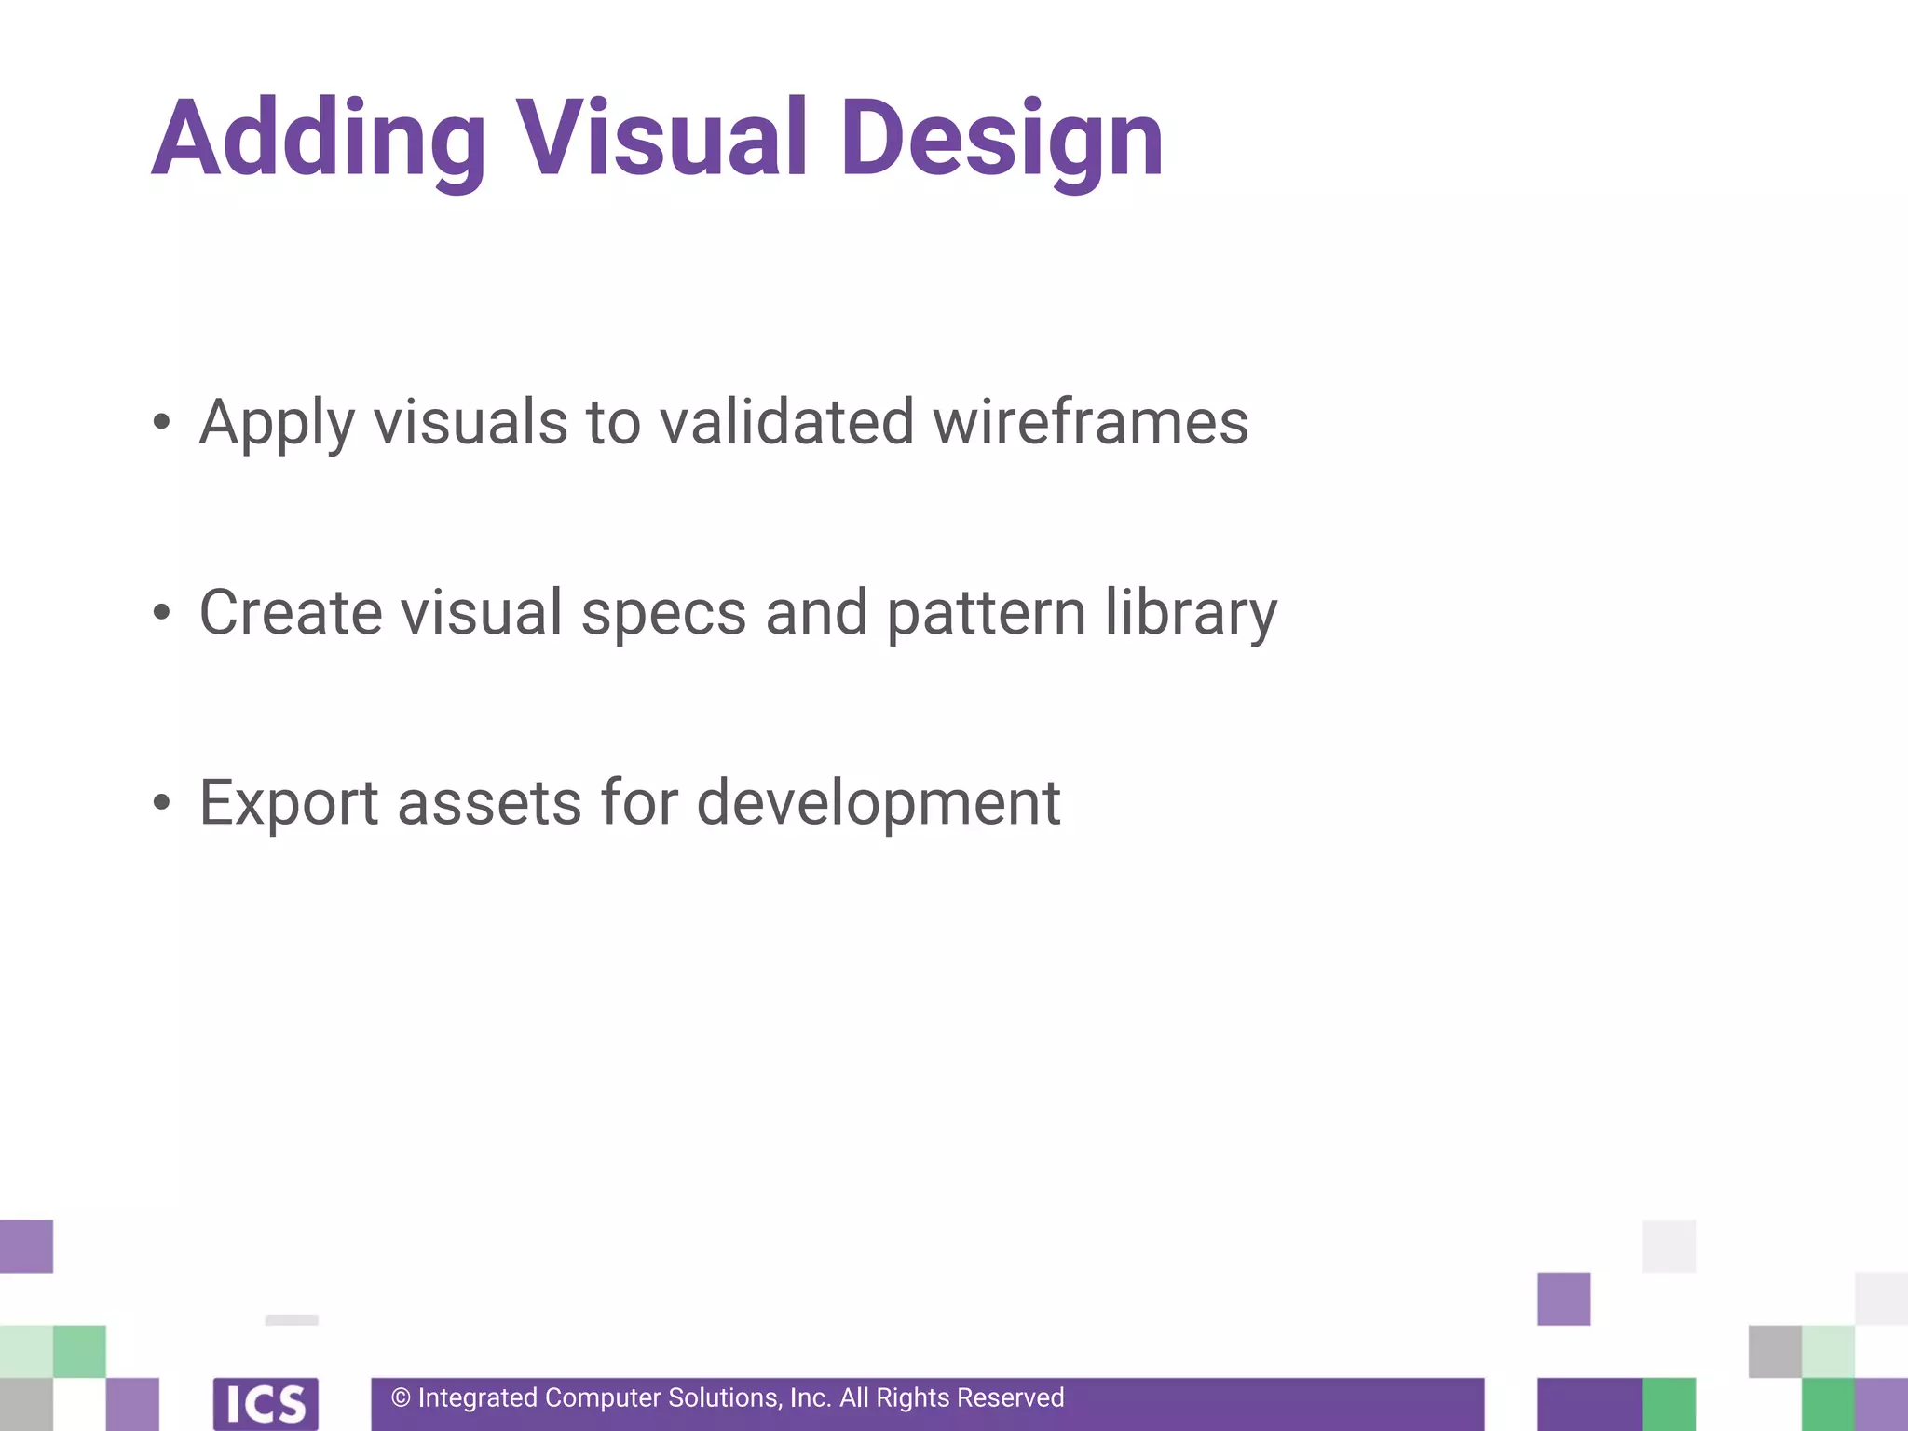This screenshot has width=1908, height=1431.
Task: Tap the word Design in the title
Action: pos(1002,140)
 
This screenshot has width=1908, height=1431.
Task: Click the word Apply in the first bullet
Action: pos(277,424)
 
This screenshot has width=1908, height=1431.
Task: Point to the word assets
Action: pos(490,803)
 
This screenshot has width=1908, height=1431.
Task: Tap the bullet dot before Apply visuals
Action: pos(162,422)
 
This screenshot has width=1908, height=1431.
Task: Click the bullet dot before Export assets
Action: pos(162,802)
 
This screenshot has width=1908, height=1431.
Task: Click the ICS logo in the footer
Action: pos(266,1403)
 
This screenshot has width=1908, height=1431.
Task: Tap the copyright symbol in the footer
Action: pos(401,1397)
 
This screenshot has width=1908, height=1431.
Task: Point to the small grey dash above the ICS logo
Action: pos(292,1320)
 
